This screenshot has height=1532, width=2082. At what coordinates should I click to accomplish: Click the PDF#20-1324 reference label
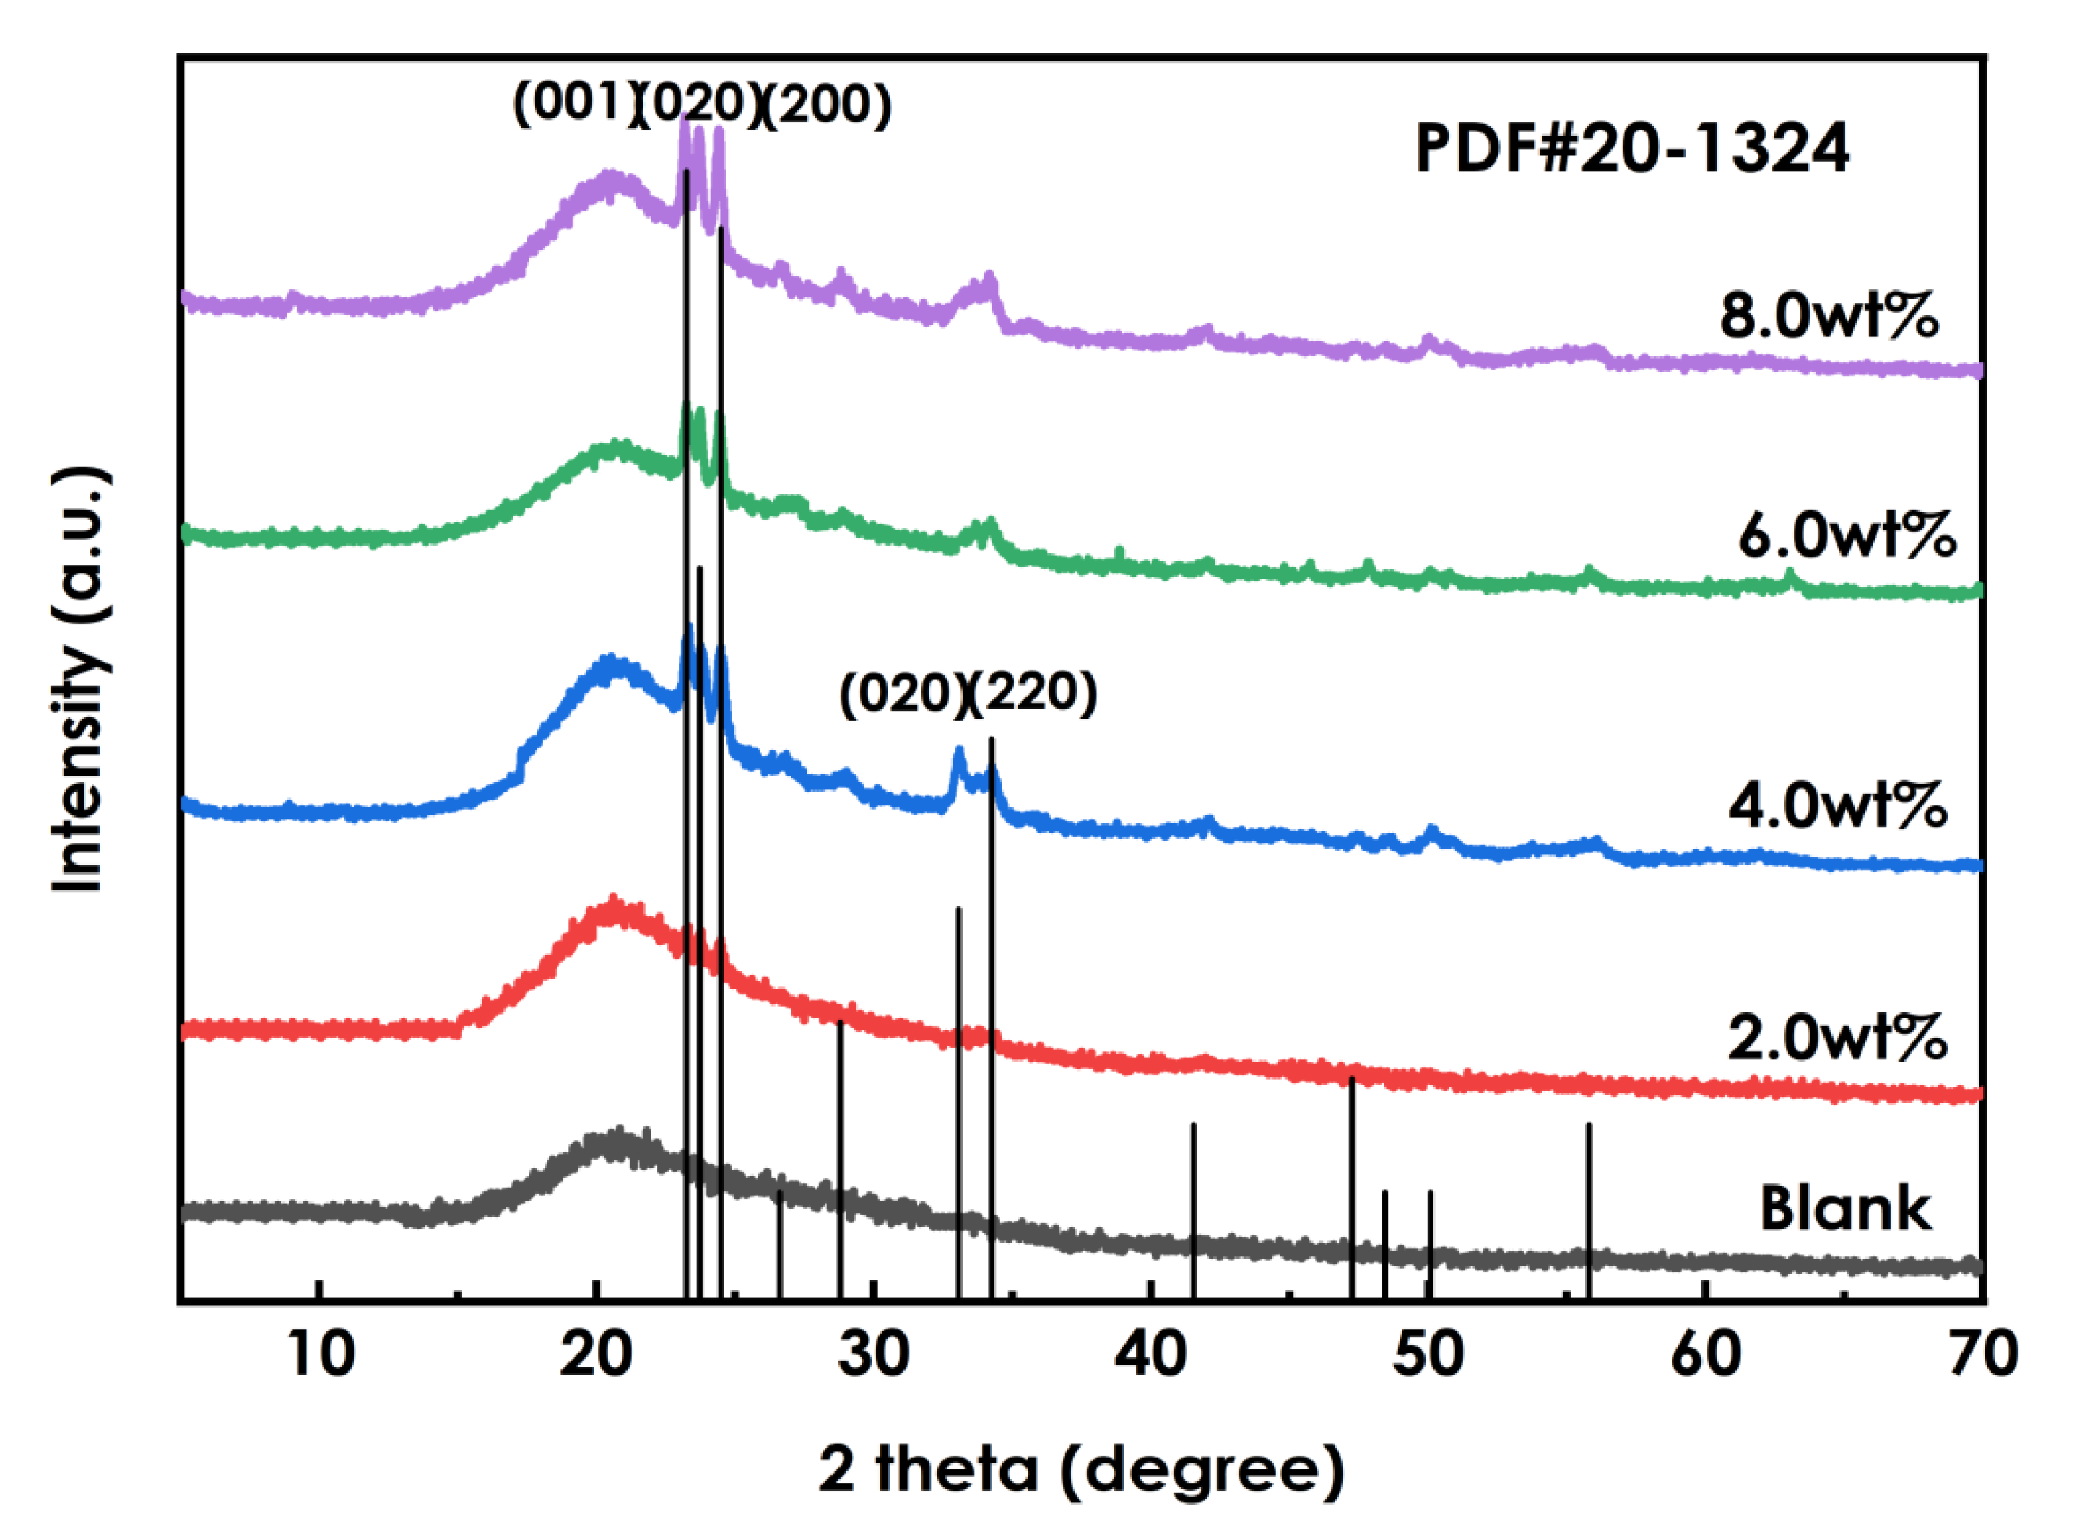[x=1631, y=149]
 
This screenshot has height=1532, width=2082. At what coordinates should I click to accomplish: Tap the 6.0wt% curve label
[x=1847, y=535]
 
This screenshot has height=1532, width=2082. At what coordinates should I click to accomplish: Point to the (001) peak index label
[x=568, y=102]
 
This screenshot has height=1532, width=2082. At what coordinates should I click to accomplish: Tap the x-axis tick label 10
[x=320, y=1355]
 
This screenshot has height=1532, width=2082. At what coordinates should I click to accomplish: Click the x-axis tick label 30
[x=873, y=1355]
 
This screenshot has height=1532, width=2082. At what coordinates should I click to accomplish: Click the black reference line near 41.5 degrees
[x=1193, y=1206]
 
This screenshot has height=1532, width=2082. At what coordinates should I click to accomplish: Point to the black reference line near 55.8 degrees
[x=1589, y=1206]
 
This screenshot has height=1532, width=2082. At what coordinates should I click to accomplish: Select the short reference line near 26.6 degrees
[x=779, y=1243]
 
